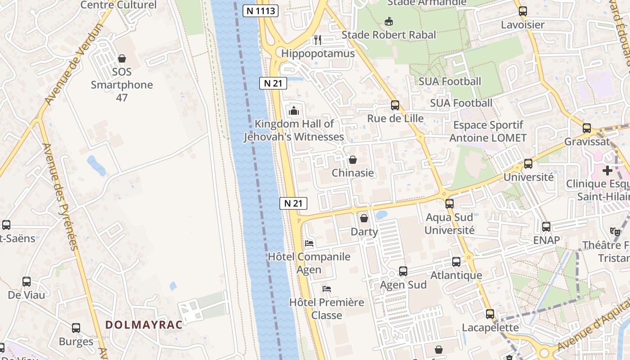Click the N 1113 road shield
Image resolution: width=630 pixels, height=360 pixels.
[261, 10]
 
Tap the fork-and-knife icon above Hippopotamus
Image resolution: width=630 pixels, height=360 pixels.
[318, 40]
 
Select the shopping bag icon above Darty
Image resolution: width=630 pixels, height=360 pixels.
[364, 218]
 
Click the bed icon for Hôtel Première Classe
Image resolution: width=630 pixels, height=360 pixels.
[327, 288]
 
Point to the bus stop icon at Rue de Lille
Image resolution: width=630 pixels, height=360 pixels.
[395, 105]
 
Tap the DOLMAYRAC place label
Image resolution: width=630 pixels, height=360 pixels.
[144, 324]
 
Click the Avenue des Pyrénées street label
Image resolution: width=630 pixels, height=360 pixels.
[60, 197]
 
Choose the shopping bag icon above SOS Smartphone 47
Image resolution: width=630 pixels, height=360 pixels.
[121, 58]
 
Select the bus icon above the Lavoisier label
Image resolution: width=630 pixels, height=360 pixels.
[522, 11]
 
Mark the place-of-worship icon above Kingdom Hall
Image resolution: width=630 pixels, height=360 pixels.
[294, 110]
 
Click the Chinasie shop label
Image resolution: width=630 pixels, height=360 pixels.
[353, 173]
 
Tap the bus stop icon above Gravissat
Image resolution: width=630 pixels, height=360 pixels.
[587, 128]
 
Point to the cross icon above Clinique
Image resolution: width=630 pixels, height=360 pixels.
[607, 171]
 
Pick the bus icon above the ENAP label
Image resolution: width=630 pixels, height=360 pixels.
[546, 227]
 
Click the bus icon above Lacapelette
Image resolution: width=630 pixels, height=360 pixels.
[490, 314]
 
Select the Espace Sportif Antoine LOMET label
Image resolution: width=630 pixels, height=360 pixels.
[488, 131]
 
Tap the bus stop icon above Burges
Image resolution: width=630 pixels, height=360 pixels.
[76, 328]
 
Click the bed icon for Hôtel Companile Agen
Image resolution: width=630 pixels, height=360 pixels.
[309, 243]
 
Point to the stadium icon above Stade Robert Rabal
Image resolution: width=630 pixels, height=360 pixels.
[389, 21]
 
